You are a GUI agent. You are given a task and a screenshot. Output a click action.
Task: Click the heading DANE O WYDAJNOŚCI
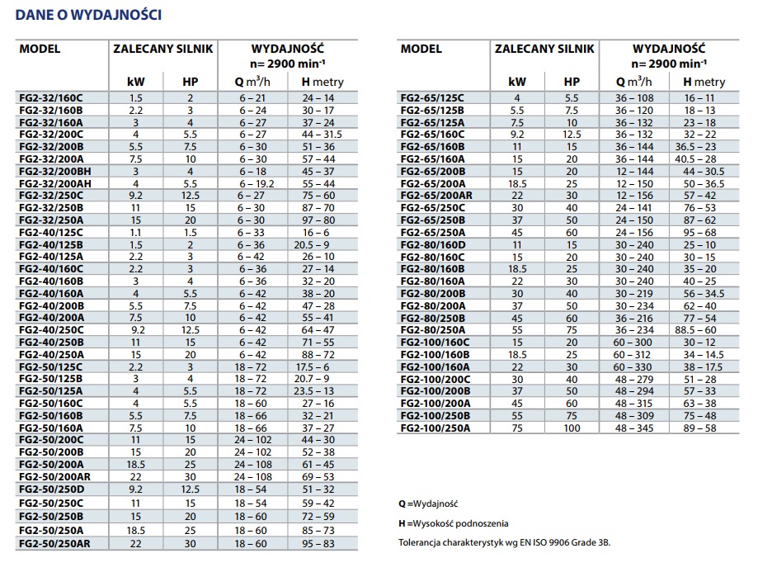[x=89, y=15]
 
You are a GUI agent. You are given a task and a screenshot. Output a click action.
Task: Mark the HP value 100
[x=572, y=428]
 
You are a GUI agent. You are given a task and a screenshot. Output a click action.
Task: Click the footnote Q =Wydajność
[x=427, y=503]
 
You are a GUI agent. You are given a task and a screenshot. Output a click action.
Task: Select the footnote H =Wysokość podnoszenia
[x=453, y=523]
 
